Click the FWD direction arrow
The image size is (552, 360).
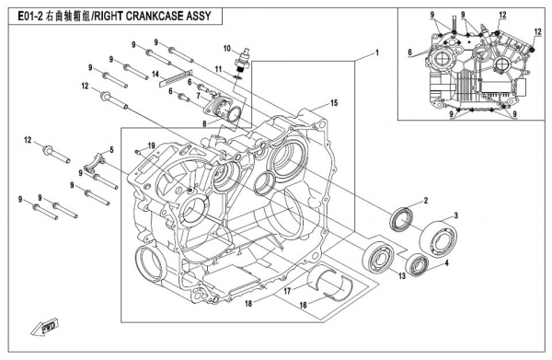(x=45, y=329)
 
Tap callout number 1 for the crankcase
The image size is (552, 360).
(x=377, y=53)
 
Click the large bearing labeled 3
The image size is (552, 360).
(x=439, y=238)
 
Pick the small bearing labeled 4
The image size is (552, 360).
(x=417, y=265)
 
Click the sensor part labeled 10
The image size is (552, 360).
(x=243, y=57)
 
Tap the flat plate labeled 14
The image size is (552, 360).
(x=176, y=78)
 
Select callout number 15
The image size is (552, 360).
(x=334, y=103)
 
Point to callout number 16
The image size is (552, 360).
(x=303, y=305)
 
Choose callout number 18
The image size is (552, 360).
(x=248, y=303)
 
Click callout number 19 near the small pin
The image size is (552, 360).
(x=152, y=145)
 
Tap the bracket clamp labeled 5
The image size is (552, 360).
(x=96, y=162)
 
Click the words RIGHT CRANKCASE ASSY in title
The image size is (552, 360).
(x=153, y=17)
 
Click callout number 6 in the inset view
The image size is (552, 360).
(x=410, y=52)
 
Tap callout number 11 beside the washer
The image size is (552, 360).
(x=219, y=69)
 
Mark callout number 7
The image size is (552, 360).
(x=199, y=95)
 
